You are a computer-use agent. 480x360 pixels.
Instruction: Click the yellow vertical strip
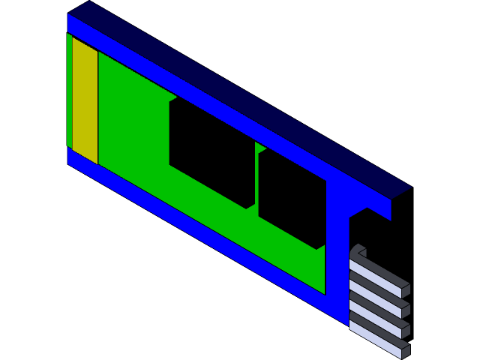(85, 100)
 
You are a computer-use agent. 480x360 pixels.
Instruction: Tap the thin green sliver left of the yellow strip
(69, 90)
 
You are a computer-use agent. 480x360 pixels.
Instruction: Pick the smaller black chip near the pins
(292, 197)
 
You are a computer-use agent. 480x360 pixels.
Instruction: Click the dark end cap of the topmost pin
(406, 290)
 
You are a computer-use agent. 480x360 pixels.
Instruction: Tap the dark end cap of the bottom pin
(406, 349)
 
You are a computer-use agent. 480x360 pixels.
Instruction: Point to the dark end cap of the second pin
(406, 309)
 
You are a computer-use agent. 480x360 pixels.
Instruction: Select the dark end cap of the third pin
(406, 328)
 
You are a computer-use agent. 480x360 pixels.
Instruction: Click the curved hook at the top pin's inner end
(357, 251)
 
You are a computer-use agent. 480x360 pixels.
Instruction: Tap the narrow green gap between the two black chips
(256, 180)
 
